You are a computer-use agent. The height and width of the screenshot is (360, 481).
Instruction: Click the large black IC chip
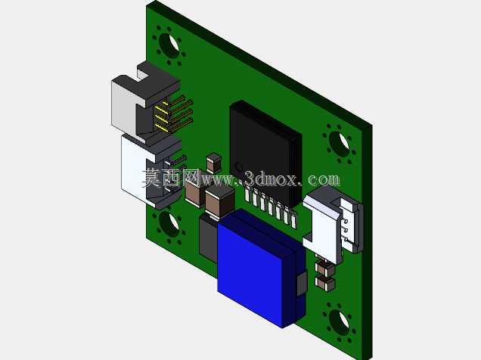point(265,154)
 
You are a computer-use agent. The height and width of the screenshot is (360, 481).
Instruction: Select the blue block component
point(261,269)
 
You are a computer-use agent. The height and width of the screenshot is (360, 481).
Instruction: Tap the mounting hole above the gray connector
point(169,46)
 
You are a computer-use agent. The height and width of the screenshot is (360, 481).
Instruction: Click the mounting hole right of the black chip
point(340,144)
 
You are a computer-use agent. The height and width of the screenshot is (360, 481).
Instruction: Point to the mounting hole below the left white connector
point(169,225)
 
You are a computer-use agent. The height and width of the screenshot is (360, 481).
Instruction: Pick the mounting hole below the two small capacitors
point(339,323)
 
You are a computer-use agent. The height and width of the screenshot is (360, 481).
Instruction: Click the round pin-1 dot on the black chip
point(238,167)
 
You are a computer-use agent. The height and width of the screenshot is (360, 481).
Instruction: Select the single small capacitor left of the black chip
point(214,163)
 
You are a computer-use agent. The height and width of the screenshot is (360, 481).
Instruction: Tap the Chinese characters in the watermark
point(171,178)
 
